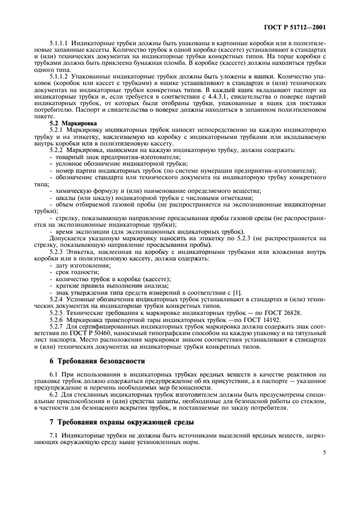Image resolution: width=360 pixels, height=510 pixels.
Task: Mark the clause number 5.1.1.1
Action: pos(58,41)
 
